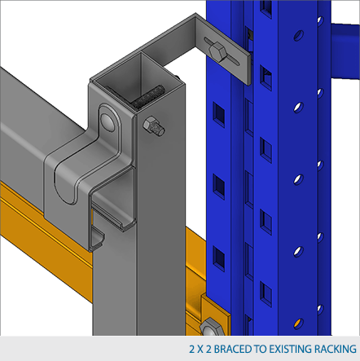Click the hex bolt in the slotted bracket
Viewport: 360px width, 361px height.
coord(217,52)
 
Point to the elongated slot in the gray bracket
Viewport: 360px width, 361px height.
coord(222,51)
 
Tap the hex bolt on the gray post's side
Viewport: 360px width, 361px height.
coord(153,125)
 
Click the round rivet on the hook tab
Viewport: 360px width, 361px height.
coord(108,121)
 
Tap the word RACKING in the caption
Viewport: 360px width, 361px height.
coord(335,349)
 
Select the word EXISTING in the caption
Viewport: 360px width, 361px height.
coord(289,349)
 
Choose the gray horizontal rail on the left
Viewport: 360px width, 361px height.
coord(24,130)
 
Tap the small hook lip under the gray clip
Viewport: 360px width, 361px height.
coord(97,238)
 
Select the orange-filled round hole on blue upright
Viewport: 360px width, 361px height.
coord(298,324)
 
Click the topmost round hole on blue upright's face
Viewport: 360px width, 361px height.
coord(299,35)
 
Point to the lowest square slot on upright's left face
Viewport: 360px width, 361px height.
coord(219,258)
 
